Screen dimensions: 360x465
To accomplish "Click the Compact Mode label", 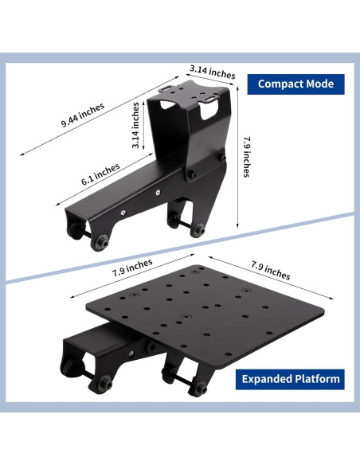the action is click(x=295, y=84).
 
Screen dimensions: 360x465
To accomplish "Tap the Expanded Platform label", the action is click(x=291, y=379).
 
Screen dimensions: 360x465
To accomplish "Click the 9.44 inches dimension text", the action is click(x=83, y=115).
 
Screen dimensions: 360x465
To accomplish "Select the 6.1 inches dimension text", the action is click(x=100, y=174).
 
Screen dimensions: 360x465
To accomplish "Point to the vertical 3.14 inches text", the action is click(x=135, y=125).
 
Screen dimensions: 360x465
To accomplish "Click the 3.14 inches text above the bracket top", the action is click(x=213, y=72).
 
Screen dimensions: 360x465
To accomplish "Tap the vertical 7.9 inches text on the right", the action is click(x=247, y=157).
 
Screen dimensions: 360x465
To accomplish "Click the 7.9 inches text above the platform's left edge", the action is click(x=132, y=268).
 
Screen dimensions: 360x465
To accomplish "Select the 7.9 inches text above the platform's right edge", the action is click(x=271, y=270).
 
